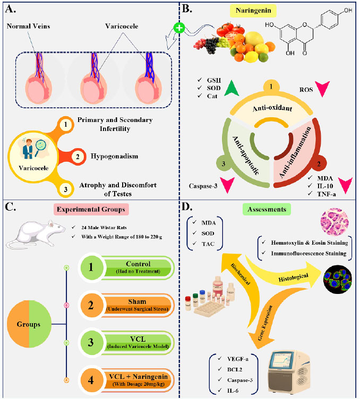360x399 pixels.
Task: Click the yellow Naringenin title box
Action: (253, 11)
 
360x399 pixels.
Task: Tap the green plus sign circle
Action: (179, 28)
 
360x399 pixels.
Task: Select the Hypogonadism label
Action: (114, 156)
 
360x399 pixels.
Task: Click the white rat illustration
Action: (35, 234)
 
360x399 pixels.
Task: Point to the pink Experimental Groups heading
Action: (91, 210)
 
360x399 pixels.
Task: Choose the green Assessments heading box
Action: (267, 209)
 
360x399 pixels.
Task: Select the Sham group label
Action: (137, 302)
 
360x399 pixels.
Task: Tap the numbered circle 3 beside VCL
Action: (91, 343)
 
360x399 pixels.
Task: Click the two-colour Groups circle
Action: (29, 324)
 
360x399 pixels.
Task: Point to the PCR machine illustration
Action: (288, 371)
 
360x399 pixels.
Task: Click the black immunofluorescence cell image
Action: (338, 279)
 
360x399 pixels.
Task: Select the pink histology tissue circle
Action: (335, 221)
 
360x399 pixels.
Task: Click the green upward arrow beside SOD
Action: (232, 88)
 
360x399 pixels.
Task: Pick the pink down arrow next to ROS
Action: (322, 89)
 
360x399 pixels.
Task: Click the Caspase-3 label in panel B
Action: (203, 186)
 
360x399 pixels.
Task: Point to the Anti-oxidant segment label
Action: (272, 108)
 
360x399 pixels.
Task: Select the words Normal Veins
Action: (28, 26)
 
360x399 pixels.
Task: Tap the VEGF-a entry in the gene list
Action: (237, 359)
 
